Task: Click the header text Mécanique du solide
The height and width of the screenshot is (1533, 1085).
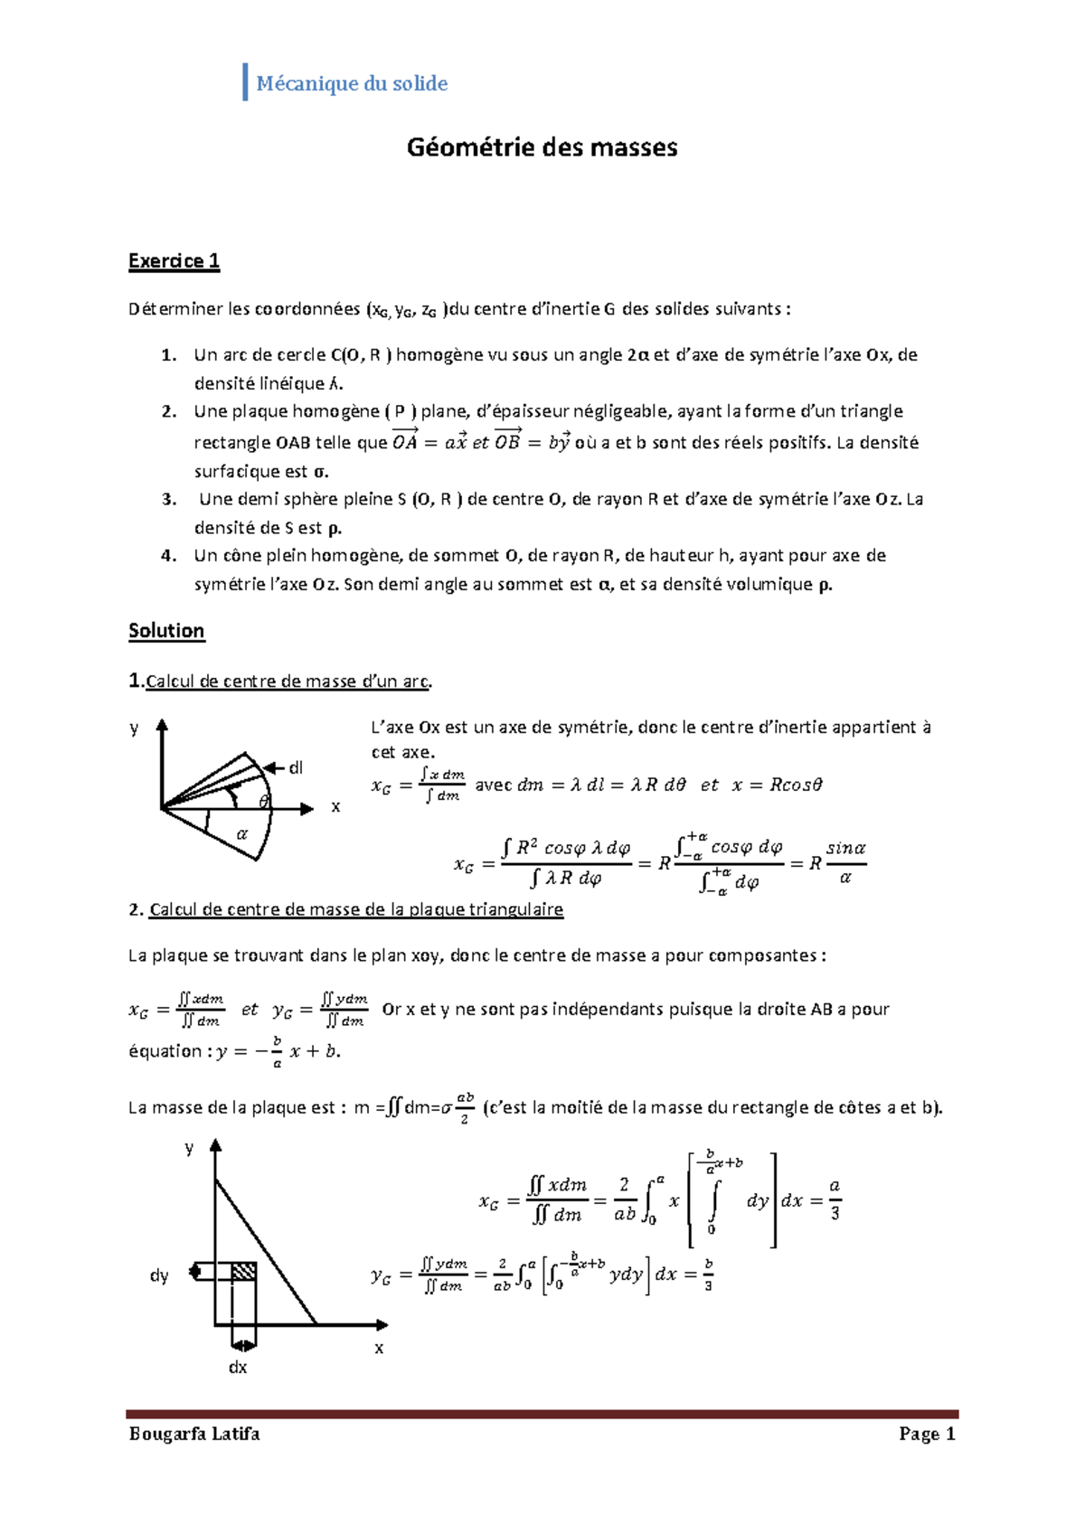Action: click(x=352, y=84)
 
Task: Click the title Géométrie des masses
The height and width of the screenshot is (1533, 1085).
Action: click(x=542, y=147)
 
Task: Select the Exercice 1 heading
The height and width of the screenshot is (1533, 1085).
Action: click(x=174, y=261)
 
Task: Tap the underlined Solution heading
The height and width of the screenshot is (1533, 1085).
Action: click(x=166, y=631)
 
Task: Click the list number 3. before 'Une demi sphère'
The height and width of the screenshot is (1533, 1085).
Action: click(x=169, y=499)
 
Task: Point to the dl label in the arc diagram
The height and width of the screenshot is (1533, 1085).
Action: click(x=295, y=768)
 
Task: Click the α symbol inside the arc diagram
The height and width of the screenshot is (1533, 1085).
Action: click(x=241, y=834)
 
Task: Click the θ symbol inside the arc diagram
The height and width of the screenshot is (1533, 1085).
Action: click(x=264, y=801)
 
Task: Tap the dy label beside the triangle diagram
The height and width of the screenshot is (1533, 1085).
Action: click(x=159, y=1275)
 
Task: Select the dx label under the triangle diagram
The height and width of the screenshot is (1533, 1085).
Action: click(x=238, y=1367)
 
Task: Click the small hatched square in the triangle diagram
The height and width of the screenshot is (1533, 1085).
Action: click(x=243, y=1272)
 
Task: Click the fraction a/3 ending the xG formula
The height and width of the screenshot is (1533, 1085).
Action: click(x=835, y=1199)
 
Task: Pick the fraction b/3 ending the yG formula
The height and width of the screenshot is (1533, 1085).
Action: click(x=708, y=1274)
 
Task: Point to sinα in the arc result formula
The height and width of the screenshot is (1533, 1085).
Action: click(x=845, y=848)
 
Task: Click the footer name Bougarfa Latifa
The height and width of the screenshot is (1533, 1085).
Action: click(x=194, y=1434)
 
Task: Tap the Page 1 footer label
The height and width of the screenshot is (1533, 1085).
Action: click(x=927, y=1434)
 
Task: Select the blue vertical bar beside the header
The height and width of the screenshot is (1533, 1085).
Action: click(x=245, y=82)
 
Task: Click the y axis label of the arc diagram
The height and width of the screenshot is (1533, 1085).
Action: click(x=134, y=728)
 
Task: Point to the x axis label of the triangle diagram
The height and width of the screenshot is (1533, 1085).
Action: click(x=379, y=1348)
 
